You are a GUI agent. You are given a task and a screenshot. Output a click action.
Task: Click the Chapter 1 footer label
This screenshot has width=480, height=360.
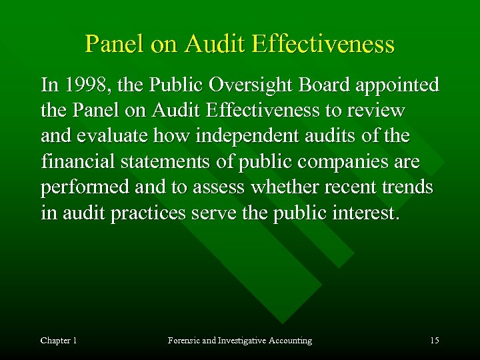[59, 341]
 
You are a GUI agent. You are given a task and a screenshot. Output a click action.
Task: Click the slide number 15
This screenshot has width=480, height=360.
[434, 341]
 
